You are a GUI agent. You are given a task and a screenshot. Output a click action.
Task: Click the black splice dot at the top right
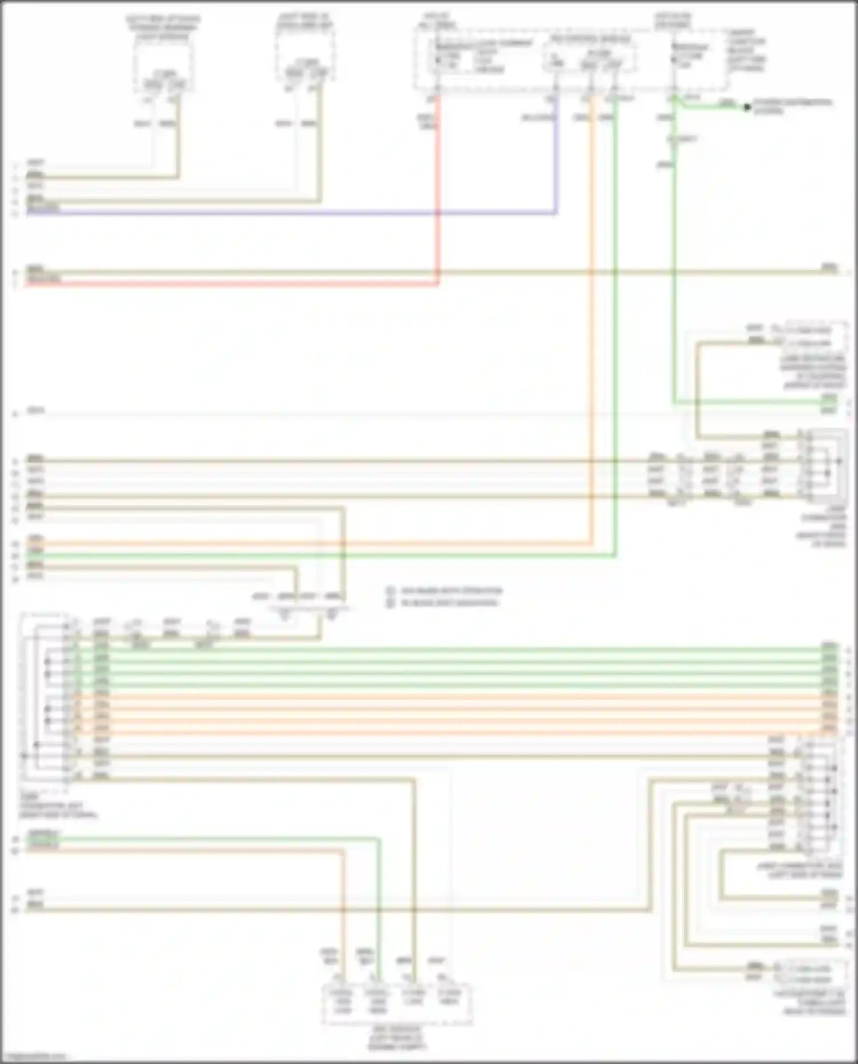click(x=746, y=107)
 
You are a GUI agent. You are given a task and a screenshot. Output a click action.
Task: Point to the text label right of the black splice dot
click(x=792, y=106)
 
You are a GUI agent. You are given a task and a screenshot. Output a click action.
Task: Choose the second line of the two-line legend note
click(x=449, y=603)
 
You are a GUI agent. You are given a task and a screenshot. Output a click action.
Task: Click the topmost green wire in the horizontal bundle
click(x=458, y=649)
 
